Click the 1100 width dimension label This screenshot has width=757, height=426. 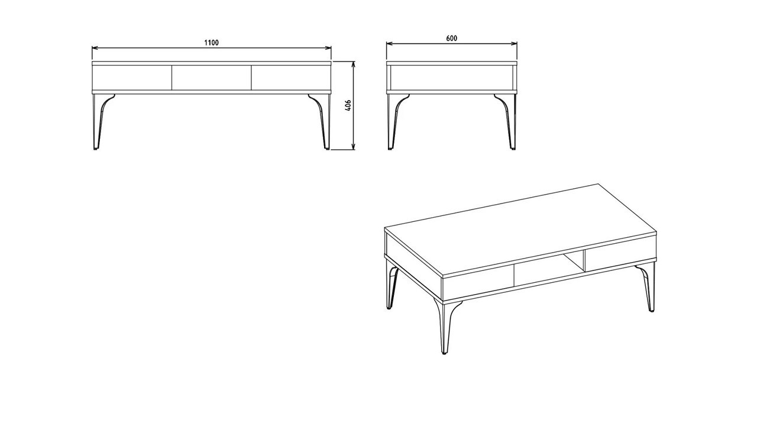211,43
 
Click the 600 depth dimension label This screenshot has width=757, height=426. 451,38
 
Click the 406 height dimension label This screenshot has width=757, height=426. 348,106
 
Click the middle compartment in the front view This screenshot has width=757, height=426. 211,78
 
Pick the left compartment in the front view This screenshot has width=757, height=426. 132,78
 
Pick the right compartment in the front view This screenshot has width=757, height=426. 290,78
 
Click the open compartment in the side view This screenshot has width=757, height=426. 451,78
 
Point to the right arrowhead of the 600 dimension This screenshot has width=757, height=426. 515,43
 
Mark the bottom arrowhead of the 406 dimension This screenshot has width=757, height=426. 353,147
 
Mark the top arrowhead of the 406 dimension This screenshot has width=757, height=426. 353,63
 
